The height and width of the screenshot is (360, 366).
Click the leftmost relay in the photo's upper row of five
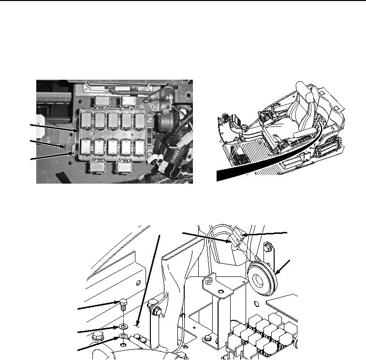(x=88, y=119)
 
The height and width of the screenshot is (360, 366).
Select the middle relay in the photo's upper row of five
(x=113, y=119)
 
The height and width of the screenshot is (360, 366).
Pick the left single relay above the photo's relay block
(x=102, y=101)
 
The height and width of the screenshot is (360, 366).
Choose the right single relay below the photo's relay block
(x=124, y=167)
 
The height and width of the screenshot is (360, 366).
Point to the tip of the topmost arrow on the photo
(x=77, y=131)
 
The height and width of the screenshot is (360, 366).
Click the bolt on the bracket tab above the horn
(x=266, y=249)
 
